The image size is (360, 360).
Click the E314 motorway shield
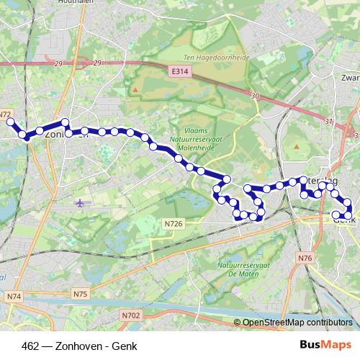(x=179, y=72)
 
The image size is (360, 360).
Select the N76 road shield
(x=306, y=258)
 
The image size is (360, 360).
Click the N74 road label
(x=14, y=296)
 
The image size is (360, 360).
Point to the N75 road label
(x=80, y=294)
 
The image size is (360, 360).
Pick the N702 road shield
(x=130, y=315)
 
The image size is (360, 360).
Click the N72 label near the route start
(x=6, y=114)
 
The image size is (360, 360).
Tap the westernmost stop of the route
(x=10, y=122)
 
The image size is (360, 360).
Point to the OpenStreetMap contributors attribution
(x=297, y=323)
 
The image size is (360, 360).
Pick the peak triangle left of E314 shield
(x=134, y=89)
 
